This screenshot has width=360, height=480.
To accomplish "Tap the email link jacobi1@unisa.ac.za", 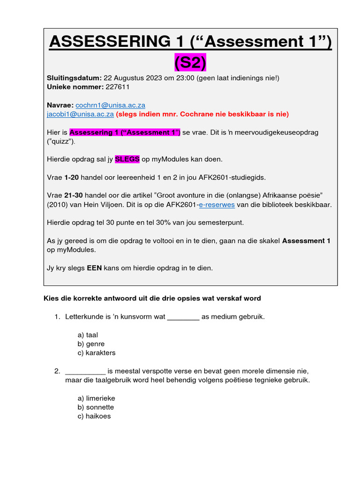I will coord(80,114).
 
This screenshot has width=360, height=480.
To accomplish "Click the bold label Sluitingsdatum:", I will coord(74,78).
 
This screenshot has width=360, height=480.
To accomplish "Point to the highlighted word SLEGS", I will coord(127,159).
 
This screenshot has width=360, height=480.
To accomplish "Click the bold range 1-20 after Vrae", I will coord(73,177).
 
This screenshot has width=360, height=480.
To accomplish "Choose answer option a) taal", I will coord(88,335).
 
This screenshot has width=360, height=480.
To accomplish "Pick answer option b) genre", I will coord(91,344).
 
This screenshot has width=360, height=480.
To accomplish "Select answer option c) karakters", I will coord(96,352).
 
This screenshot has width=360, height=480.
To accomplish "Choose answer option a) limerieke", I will coord(96,398).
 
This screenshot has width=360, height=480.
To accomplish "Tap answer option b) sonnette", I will coord(96,407).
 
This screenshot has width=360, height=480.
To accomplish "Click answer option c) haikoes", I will coord(94,416).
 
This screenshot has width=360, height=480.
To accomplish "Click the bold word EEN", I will coord(95,268).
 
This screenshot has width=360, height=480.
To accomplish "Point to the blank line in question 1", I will coord(183,317).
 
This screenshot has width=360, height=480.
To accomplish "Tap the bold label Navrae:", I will coord(60,105).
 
